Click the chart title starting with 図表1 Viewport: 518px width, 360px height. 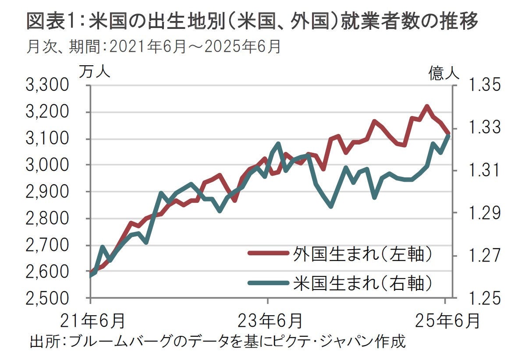point(252,22)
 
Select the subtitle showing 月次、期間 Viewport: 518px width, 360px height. point(153,46)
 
